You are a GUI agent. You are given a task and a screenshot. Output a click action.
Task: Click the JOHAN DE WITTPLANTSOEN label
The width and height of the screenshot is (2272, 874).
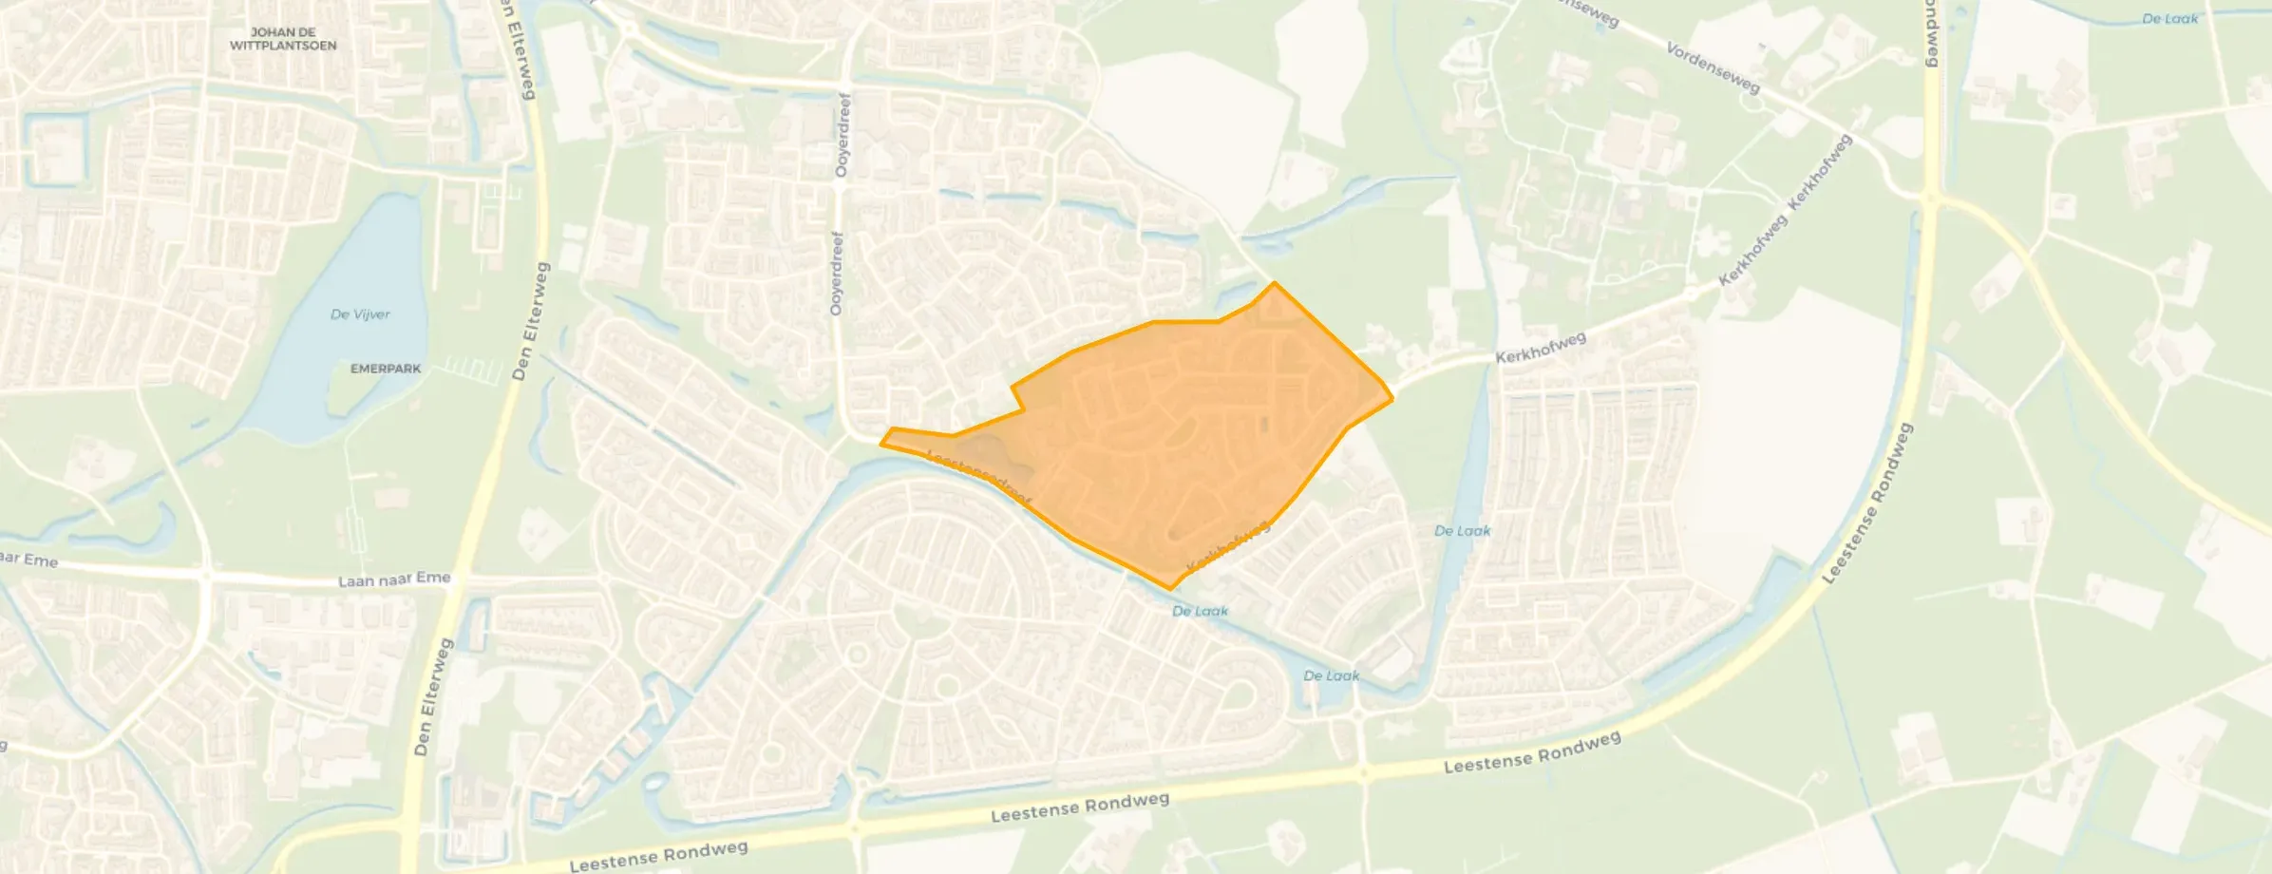click(x=282, y=39)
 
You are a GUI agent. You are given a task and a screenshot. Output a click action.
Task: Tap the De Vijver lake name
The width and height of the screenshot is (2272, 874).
click(x=360, y=314)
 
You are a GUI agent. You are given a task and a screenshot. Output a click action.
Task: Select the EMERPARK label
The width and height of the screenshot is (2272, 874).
click(x=386, y=369)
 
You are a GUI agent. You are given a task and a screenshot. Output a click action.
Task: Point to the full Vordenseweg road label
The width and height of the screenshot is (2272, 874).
click(x=1713, y=66)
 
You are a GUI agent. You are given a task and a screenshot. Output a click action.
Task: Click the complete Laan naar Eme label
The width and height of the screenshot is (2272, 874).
click(x=394, y=579)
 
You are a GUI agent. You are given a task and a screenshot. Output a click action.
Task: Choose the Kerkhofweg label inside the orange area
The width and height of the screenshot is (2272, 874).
click(x=1227, y=546)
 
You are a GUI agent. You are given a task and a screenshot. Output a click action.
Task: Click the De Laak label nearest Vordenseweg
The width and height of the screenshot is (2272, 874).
click(x=2170, y=18)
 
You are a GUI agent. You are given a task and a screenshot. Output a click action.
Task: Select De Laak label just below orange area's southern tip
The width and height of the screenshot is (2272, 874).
click(x=1200, y=611)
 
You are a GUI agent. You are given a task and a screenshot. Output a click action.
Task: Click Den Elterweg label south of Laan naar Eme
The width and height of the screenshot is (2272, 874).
click(x=433, y=696)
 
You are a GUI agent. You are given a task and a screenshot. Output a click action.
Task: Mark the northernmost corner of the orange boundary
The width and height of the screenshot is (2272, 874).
click(x=1274, y=282)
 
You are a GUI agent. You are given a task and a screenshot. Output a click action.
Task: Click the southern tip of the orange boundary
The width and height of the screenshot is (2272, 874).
click(x=1170, y=589)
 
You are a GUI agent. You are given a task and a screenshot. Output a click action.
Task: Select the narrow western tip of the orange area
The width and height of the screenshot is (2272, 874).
click(x=881, y=442)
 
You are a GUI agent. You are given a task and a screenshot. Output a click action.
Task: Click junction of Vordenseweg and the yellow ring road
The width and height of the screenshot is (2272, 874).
click(x=1930, y=199)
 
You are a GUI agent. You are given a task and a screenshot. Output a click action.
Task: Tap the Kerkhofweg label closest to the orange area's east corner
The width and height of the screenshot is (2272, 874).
click(x=1541, y=348)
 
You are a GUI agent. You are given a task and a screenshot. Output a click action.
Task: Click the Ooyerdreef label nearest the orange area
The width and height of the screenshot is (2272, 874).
click(x=837, y=273)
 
